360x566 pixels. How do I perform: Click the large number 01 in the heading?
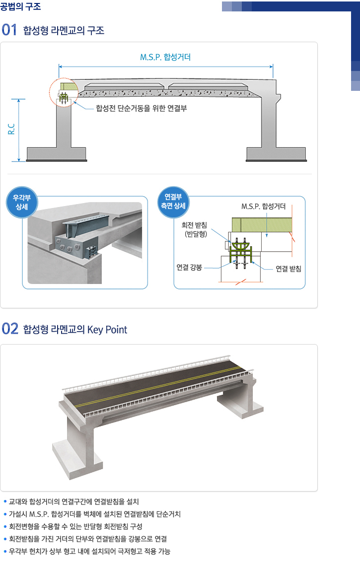pos(9,30)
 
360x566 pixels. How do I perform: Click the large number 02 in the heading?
pos(10,329)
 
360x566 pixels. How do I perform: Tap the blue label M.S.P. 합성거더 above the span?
pos(165,57)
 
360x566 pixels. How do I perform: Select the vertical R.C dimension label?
pos(11,129)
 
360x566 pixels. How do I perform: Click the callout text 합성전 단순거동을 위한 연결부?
pos(141,108)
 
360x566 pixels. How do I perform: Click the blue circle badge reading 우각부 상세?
pos(22,203)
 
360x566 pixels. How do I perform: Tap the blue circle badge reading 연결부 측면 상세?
pos(173,202)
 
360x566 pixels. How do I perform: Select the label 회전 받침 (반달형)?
pos(195,229)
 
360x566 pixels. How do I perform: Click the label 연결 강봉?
pos(189,268)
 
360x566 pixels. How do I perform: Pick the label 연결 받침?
pos(288,269)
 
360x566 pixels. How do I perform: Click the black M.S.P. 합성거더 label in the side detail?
pos(264,206)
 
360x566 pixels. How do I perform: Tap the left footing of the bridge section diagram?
pos(57,154)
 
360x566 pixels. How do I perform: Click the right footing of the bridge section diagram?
pos(276,154)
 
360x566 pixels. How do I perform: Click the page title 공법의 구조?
pos(20,6)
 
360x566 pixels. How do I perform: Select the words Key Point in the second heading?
pos(107,330)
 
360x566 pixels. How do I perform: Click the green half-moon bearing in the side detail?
pos(240,246)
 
